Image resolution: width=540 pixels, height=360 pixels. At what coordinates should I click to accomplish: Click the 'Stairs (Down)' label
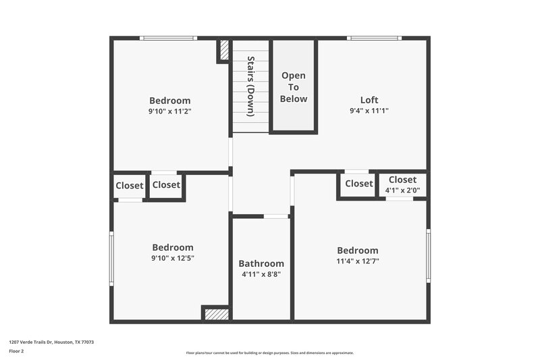(x=250, y=86)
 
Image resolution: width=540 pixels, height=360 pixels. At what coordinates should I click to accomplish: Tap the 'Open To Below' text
(x=294, y=87)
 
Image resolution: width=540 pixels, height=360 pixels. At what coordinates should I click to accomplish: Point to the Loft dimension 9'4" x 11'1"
(x=369, y=111)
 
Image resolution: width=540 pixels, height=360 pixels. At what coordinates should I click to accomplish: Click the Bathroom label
(x=261, y=263)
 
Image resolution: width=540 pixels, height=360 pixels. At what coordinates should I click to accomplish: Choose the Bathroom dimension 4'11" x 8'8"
(x=261, y=274)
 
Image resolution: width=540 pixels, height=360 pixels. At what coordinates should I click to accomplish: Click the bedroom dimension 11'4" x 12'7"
(x=358, y=261)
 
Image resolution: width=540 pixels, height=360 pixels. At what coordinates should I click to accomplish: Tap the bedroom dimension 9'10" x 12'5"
(x=172, y=258)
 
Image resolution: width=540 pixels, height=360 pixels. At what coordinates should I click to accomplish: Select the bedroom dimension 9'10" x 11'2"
(x=170, y=111)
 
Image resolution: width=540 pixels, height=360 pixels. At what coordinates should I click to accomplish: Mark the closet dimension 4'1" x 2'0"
(x=402, y=190)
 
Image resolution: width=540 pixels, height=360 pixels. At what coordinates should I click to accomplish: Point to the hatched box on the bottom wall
(x=216, y=314)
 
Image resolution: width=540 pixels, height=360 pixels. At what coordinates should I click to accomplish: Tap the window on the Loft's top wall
(x=374, y=38)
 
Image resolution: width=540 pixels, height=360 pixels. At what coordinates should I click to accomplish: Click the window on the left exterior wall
(x=112, y=258)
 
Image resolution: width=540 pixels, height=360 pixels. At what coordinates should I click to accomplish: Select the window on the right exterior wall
(x=428, y=255)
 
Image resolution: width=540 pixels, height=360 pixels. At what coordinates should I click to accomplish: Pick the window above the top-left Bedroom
(x=168, y=38)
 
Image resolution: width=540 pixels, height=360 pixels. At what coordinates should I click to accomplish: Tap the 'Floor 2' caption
(x=16, y=351)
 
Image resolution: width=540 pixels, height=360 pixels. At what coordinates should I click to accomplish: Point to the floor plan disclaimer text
(x=269, y=353)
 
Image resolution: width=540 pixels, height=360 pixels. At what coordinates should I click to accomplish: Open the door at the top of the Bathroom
(x=275, y=216)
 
